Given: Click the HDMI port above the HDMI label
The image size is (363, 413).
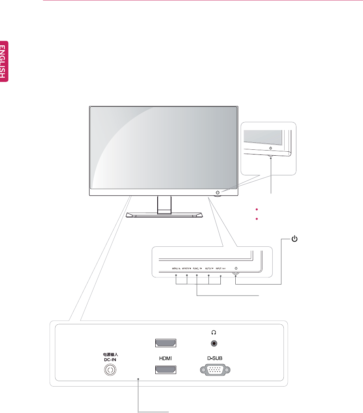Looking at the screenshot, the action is click(166, 344).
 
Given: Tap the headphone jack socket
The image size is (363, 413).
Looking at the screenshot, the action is click(214, 344).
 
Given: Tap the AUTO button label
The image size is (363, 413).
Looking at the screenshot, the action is click(209, 268).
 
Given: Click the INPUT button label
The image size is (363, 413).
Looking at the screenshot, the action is click(220, 268).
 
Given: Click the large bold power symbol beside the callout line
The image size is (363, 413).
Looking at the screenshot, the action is click(294, 239).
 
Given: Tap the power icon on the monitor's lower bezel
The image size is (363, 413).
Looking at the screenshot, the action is click(218, 192).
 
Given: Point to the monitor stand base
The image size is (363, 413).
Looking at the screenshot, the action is click(164, 215).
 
